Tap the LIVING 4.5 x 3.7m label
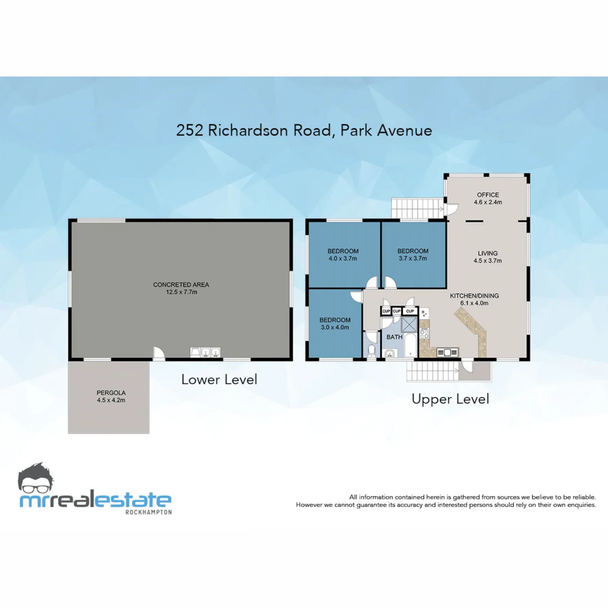488,257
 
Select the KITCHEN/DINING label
473,299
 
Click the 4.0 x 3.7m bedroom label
343,255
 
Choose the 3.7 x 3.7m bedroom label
413,255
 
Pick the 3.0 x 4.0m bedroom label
335,324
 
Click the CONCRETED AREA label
181,288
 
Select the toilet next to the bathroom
371,351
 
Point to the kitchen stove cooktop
424,333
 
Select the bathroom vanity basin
390,353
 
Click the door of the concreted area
159,353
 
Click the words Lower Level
219,379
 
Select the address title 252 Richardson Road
304,130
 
